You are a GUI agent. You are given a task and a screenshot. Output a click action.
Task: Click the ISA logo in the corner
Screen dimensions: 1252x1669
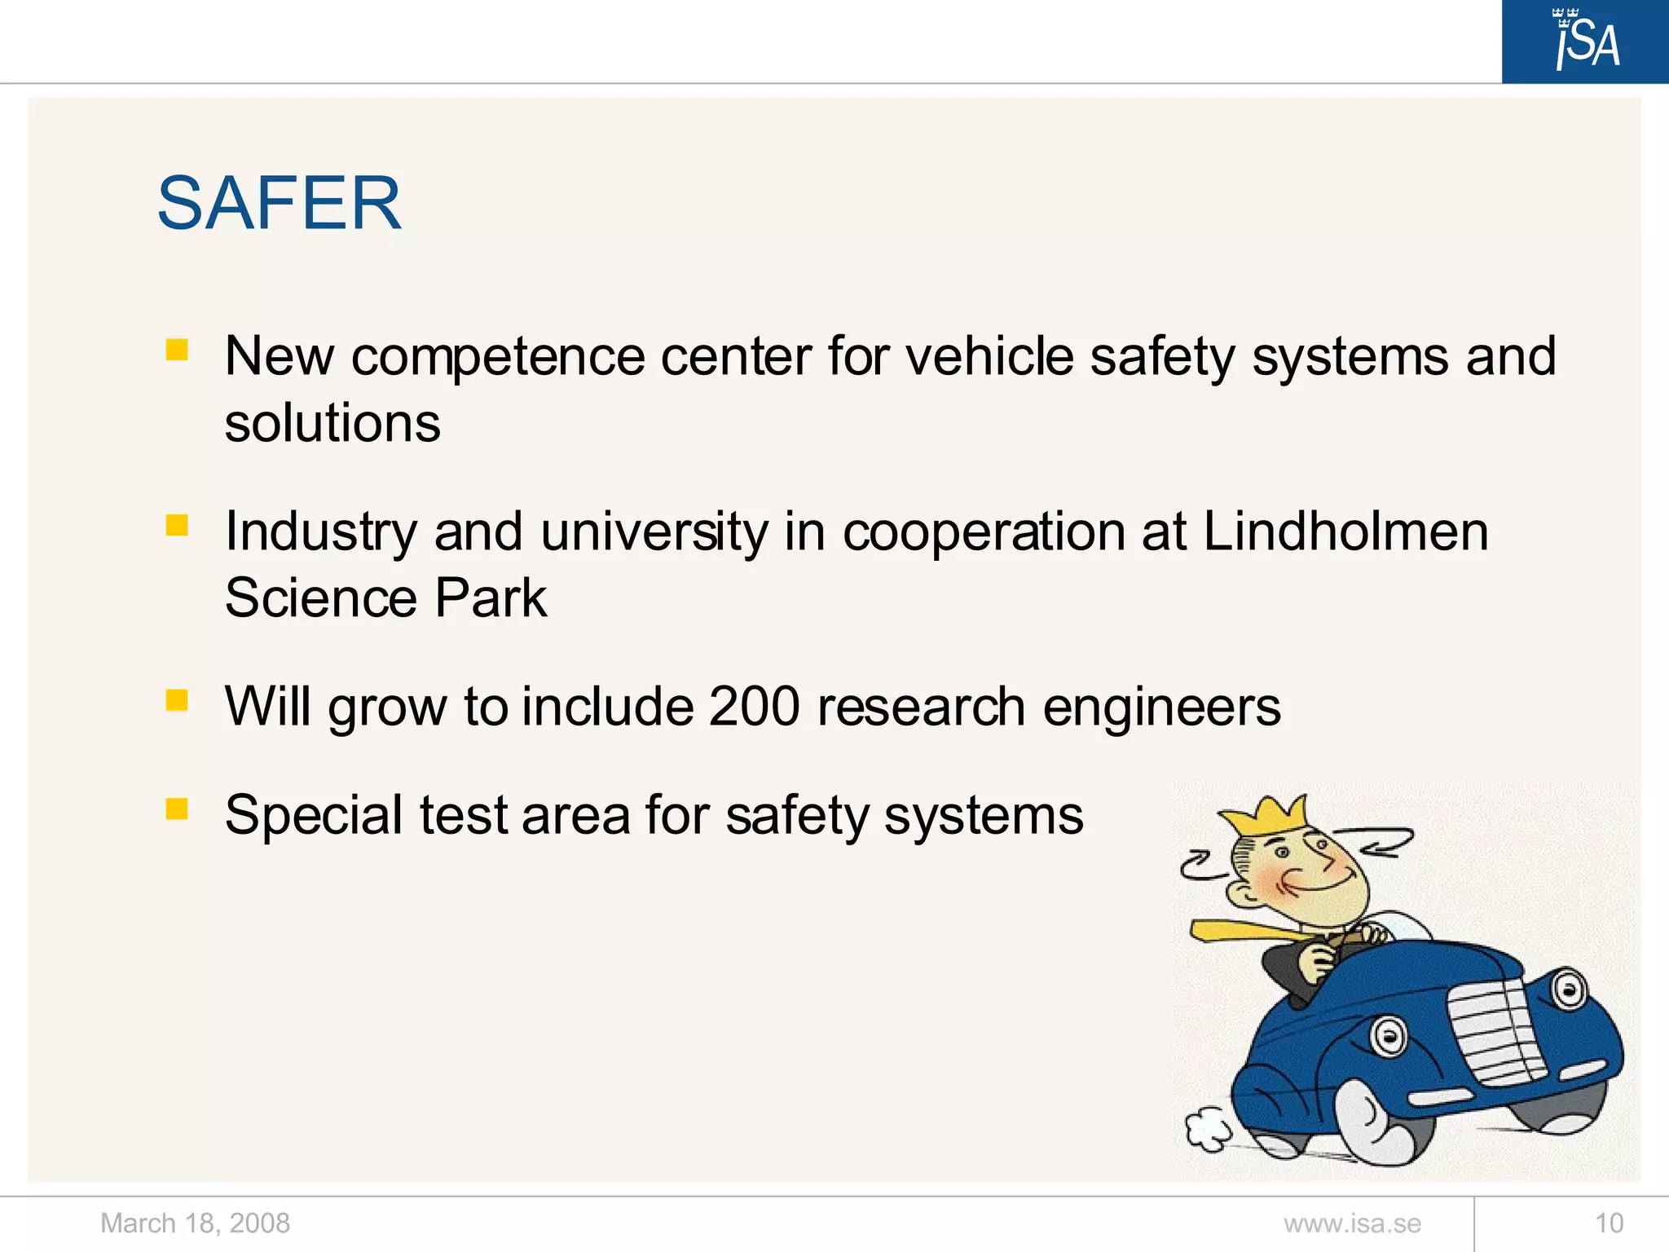(x=1585, y=41)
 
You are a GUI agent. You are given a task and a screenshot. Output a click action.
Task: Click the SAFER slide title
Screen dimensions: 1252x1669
(x=279, y=203)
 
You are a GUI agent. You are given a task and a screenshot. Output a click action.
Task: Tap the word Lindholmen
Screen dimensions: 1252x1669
(x=1345, y=531)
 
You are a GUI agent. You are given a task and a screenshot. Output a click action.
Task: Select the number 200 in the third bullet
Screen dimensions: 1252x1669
(x=755, y=706)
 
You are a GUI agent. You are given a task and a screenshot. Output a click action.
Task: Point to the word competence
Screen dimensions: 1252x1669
(x=498, y=356)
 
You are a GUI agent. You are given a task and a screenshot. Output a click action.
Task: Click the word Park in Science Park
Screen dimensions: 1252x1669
(x=491, y=597)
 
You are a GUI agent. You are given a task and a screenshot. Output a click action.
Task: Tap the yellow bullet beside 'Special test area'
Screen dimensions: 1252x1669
(x=177, y=809)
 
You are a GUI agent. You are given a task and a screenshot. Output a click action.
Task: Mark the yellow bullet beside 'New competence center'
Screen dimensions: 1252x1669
(x=177, y=350)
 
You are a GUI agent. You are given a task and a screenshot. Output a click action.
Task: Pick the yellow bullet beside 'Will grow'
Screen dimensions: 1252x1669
(x=177, y=700)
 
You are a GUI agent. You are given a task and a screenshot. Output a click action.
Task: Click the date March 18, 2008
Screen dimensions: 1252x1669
(x=195, y=1223)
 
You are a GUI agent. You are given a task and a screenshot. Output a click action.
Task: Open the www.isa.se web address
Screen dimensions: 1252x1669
(x=1352, y=1223)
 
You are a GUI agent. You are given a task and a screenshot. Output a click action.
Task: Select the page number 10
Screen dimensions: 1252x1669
(x=1609, y=1223)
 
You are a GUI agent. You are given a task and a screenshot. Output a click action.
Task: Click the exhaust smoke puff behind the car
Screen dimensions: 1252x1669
(x=1208, y=1129)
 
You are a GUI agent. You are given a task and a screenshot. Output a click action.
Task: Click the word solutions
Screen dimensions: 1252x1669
(x=332, y=423)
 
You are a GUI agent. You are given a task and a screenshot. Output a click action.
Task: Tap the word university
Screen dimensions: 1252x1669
(x=654, y=531)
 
